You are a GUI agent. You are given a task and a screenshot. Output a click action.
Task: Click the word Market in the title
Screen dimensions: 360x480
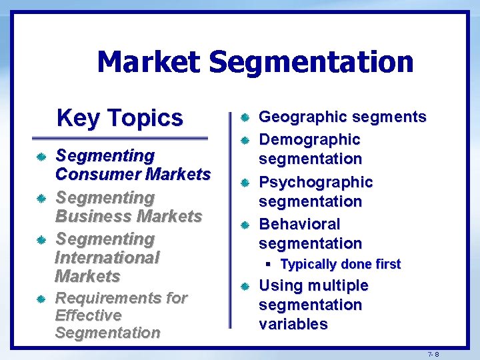[x=148, y=62]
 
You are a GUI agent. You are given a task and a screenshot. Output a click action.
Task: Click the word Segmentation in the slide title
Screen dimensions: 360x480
[x=311, y=62]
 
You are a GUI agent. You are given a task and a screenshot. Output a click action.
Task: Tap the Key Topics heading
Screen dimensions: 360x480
[x=120, y=118]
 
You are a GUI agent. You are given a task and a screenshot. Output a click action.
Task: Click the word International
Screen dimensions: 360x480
[x=107, y=257]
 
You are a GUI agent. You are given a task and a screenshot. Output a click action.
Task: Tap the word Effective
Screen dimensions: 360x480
[x=88, y=315]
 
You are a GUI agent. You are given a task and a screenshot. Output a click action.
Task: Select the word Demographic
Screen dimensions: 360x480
[x=309, y=140]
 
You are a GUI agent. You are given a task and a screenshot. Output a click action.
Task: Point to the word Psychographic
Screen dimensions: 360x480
[x=315, y=182]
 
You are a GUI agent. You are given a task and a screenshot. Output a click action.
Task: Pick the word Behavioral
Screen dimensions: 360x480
[x=299, y=224]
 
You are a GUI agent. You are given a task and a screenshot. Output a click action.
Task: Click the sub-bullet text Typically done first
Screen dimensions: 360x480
[x=341, y=265]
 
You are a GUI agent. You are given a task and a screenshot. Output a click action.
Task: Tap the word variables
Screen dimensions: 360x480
[x=293, y=325]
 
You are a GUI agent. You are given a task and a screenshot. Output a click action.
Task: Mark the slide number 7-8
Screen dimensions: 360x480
[x=433, y=354]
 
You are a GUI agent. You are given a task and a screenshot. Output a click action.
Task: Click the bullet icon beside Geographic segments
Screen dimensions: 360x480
[x=245, y=118]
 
